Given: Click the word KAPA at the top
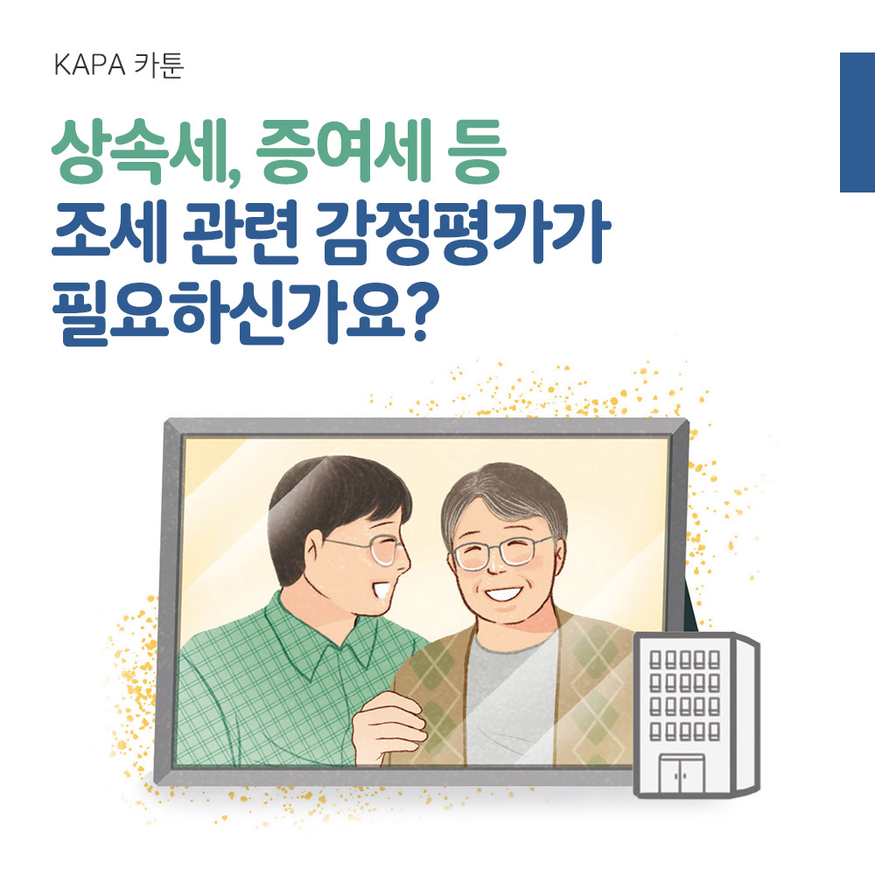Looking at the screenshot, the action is [x=89, y=66].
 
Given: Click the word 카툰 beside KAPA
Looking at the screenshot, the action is [x=159, y=66].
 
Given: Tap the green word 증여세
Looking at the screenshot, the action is [x=344, y=151].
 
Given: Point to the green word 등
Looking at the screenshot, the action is [x=477, y=151].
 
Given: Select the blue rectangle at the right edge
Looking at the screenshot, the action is [x=857, y=122].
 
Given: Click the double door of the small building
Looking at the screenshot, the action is [x=682, y=773].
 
